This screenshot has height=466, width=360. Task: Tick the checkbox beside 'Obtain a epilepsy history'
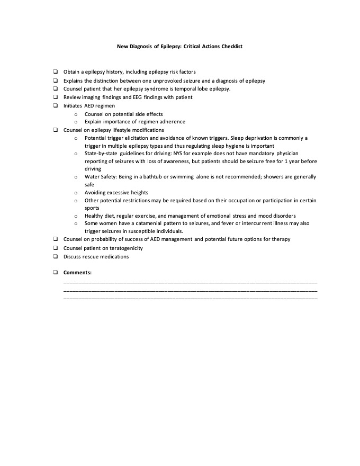55,71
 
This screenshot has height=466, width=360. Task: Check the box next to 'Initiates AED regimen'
55,106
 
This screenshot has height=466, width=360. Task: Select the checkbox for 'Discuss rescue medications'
55,257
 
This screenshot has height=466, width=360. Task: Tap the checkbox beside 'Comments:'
55,273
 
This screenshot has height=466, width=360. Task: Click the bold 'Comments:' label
77,273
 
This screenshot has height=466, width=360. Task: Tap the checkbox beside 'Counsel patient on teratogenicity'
55,248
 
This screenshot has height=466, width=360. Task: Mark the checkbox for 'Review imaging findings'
55,97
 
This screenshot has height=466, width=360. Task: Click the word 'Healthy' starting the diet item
94,216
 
